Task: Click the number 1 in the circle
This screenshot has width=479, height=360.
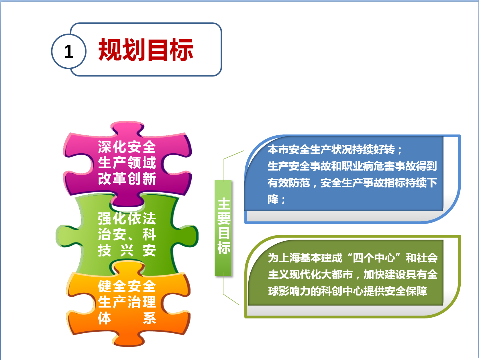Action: point(69,52)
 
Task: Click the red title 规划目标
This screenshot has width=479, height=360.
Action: point(146,50)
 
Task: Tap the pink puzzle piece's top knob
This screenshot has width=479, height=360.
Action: point(127,128)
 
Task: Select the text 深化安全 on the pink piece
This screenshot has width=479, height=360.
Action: point(127,147)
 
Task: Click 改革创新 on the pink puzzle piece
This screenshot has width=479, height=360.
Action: point(127,178)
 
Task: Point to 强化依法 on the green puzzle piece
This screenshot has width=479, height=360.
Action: point(127,218)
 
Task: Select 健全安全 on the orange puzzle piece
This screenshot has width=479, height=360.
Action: point(127,286)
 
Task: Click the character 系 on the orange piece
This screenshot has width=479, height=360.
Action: point(150,318)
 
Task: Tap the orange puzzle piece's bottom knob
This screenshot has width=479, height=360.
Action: point(128,340)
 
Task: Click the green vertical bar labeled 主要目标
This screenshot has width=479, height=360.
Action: point(223,228)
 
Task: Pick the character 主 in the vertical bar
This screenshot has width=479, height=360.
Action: point(224,204)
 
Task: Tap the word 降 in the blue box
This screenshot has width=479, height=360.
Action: point(273,199)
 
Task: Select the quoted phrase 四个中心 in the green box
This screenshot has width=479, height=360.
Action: point(374,258)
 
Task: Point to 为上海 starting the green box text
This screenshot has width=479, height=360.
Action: point(284,258)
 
